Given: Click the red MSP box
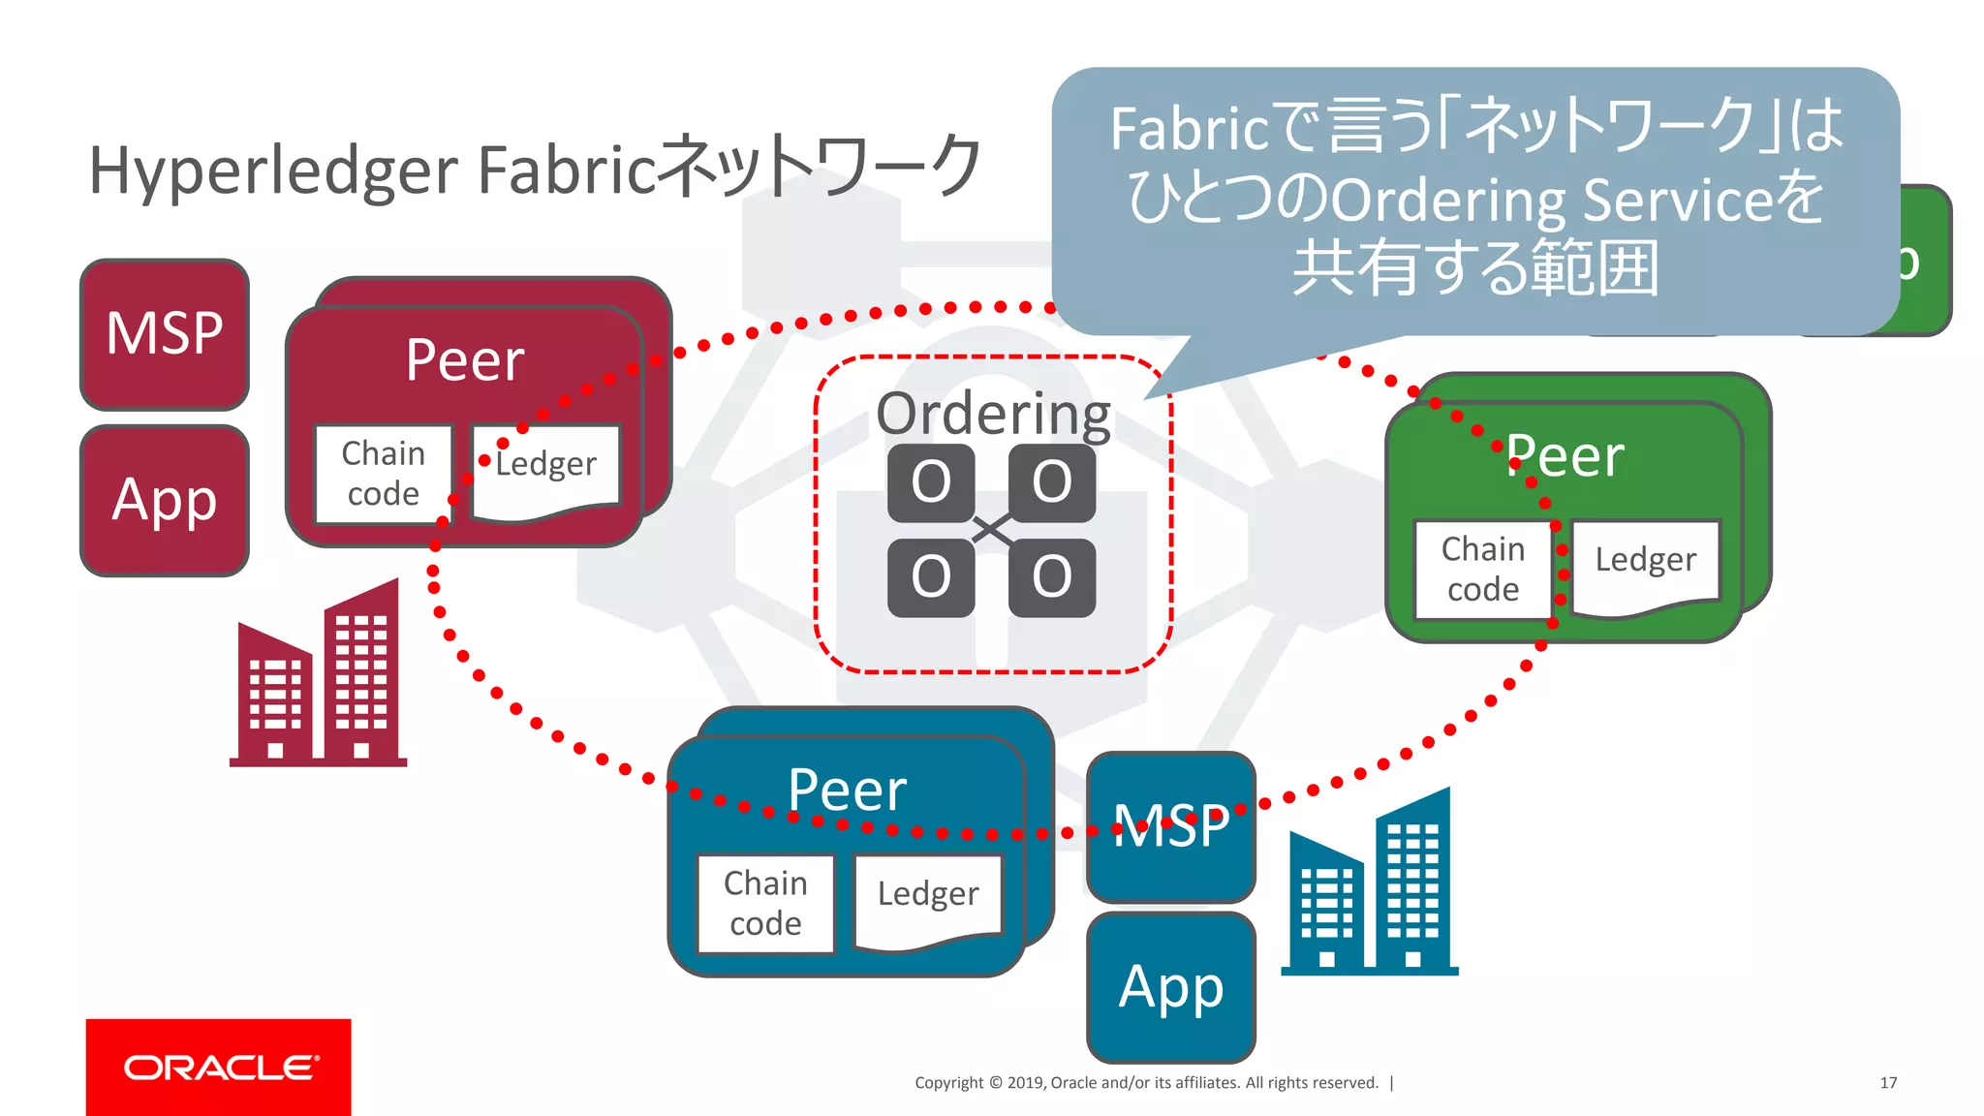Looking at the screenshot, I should click(x=165, y=334).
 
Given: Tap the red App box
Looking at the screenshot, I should click(x=165, y=501).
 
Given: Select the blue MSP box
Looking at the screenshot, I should click(x=1171, y=826).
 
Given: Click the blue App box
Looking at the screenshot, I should click(x=1171, y=987).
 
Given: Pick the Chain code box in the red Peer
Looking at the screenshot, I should click(x=384, y=474).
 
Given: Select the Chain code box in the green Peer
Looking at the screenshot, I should click(x=1483, y=569).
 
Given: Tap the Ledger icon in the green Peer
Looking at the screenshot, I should click(x=1645, y=567).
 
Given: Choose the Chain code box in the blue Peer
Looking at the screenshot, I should click(x=765, y=903).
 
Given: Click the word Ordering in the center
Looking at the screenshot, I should click(x=993, y=414).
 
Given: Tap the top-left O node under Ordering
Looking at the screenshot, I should click(x=931, y=482).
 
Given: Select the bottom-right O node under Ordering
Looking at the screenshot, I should click(x=1052, y=577).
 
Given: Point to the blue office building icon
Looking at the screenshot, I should click(x=1370, y=883).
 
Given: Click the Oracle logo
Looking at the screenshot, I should click(x=219, y=1067).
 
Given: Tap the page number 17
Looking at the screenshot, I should click(x=1888, y=1082).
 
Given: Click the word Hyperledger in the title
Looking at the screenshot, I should click(x=273, y=170).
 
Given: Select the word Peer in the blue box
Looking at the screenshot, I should click(x=847, y=790).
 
